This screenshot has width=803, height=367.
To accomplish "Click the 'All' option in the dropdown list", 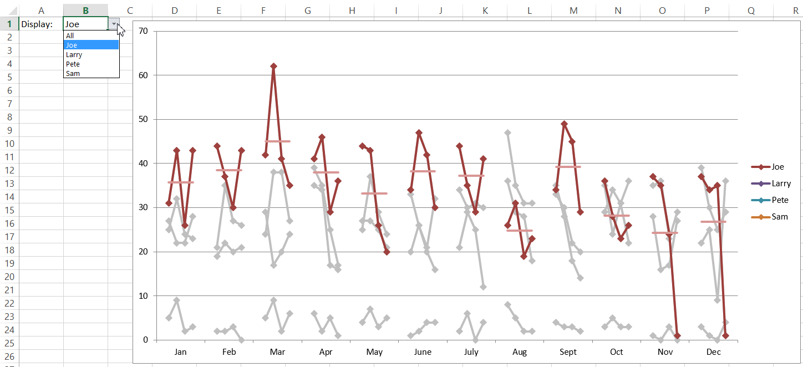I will point(70,35).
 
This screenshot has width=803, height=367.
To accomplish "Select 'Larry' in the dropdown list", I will point(74,54).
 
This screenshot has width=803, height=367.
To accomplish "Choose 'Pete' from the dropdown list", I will point(73,64).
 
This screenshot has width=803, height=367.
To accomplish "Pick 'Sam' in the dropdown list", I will point(73,73).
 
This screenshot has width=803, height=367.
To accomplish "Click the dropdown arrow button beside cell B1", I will point(114,24).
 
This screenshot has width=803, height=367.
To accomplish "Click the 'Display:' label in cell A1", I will point(37,24).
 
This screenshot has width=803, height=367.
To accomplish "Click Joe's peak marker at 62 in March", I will point(273,66).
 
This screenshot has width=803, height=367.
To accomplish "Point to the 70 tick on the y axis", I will point(143,31).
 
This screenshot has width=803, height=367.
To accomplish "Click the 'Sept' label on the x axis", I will point(568,352).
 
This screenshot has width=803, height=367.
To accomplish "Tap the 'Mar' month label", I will point(277,352).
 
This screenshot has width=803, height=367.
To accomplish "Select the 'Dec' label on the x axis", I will point(713,352).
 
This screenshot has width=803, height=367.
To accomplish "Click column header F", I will point(263,10).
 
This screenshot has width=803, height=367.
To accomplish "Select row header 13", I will point(9,183).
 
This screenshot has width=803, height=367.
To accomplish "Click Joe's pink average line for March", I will point(277,141).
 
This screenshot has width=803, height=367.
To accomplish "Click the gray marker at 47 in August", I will point(507,132).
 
